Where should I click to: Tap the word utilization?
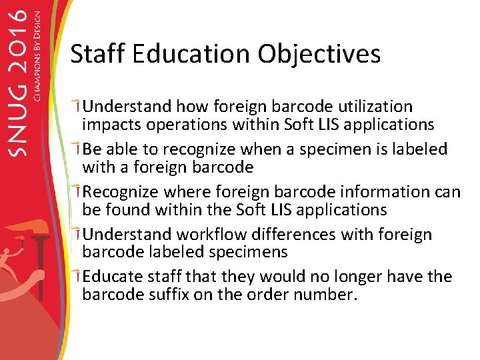375,107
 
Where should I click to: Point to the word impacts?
111,125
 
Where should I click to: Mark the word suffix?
165,295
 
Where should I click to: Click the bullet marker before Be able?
78,148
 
